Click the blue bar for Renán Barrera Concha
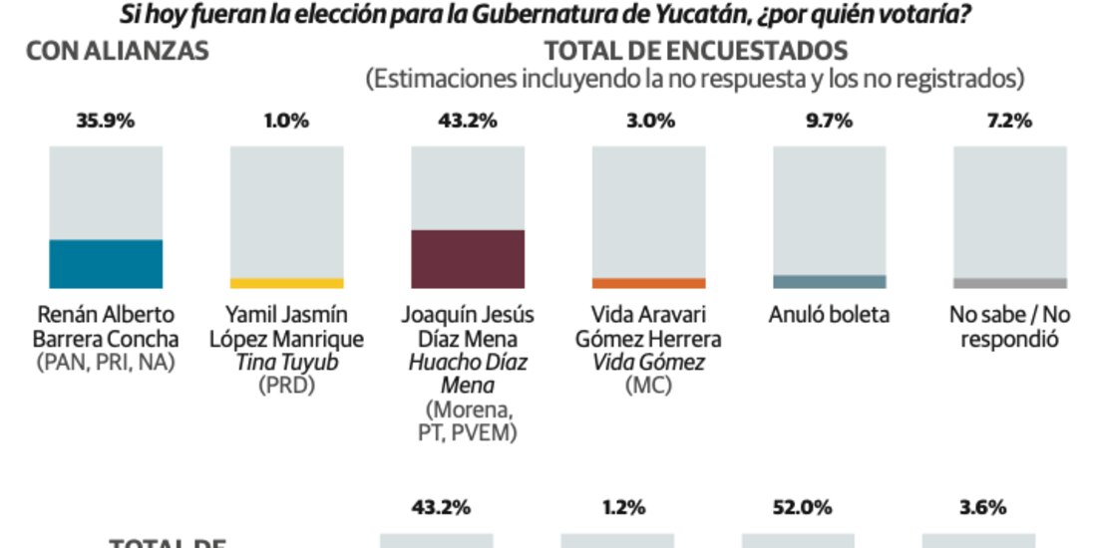(106, 264)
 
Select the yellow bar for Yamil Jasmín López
(286, 283)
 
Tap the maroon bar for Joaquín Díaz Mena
(468, 259)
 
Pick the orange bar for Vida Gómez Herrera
(648, 283)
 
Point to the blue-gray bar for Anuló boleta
(830, 282)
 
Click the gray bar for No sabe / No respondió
(1010, 283)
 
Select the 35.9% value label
(106, 122)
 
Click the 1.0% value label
(286, 122)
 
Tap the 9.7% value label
(830, 122)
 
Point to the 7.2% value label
(1010, 122)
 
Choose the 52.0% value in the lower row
(802, 507)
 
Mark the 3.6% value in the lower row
(982, 507)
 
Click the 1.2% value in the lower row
(621, 507)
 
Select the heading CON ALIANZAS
(117, 52)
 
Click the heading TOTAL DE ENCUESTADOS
(695, 52)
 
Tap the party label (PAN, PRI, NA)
(106, 363)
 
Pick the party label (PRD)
(286, 386)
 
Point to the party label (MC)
(648, 386)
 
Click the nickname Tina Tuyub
(286, 363)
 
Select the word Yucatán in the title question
(688, 15)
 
